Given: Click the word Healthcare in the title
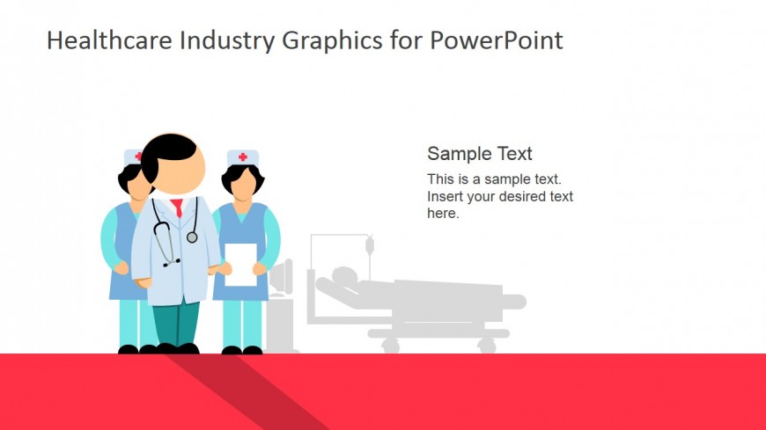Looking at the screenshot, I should (x=100, y=40).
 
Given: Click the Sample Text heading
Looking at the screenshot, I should (x=479, y=154).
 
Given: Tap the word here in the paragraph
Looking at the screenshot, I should (x=442, y=213).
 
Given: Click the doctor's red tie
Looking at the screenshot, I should (x=177, y=208).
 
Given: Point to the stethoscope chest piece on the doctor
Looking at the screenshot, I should (x=192, y=237).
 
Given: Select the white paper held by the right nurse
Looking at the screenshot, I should (x=240, y=264).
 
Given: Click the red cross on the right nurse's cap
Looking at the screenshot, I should (x=242, y=157).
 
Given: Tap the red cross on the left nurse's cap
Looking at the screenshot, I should (x=137, y=157).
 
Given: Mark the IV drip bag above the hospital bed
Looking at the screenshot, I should (x=370, y=243).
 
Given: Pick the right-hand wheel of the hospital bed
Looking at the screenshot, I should (x=486, y=346).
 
